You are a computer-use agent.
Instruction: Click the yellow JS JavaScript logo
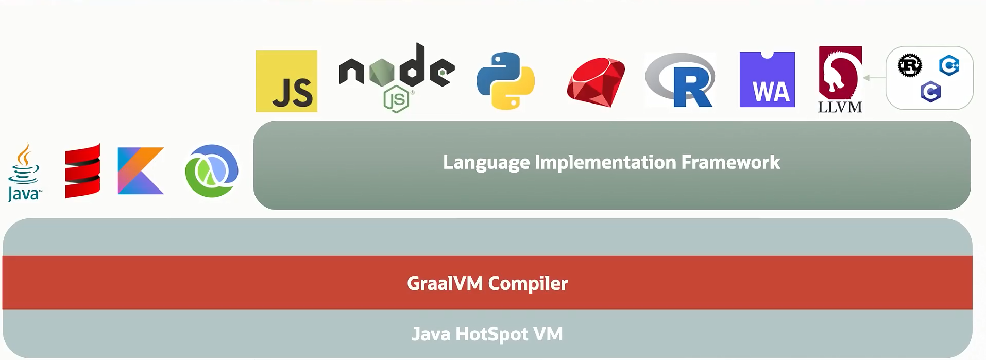point(286,81)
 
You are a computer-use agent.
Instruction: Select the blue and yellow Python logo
point(505,81)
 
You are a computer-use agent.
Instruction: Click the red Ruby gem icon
point(596,82)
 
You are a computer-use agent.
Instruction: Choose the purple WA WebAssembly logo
point(767,80)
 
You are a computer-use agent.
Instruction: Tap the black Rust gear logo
point(910,65)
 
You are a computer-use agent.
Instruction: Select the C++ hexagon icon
point(949,65)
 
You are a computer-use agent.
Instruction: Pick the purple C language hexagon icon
point(930,92)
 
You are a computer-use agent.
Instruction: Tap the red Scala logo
point(82,171)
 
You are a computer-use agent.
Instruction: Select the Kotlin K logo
point(141,171)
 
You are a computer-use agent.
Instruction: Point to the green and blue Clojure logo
point(211,171)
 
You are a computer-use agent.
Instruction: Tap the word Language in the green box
point(486,163)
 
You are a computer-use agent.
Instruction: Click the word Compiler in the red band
point(528,283)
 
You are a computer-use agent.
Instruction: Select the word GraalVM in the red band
point(445,283)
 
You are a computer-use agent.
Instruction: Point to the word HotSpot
point(491,334)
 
